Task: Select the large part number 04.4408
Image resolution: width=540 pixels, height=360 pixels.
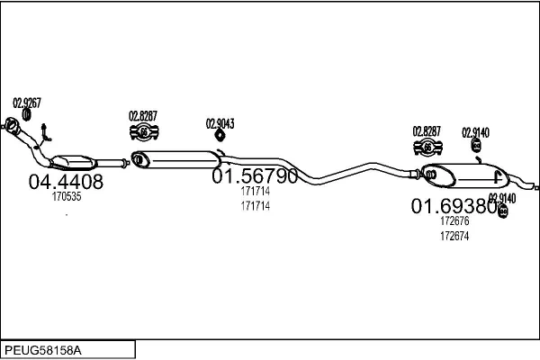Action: point(66,181)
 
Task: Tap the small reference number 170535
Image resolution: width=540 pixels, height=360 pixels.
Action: point(67,196)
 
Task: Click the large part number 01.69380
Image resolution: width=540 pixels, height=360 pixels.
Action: point(454,206)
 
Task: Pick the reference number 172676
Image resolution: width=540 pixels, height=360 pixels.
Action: point(454,221)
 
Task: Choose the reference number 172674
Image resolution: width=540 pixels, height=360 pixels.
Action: point(454,236)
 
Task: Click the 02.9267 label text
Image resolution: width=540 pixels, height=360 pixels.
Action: point(27,102)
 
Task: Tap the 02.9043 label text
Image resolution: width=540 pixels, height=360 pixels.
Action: point(220,123)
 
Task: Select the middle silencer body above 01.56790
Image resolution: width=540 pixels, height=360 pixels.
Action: point(175,159)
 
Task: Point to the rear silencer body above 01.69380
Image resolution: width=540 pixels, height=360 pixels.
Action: point(463,174)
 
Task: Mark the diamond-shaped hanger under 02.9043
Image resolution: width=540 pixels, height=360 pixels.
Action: point(220,136)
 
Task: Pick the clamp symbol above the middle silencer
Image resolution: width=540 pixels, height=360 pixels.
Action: point(143,133)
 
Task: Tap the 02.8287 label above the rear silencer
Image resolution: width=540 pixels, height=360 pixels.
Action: point(427,131)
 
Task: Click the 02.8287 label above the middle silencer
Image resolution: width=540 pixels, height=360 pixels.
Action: point(143,115)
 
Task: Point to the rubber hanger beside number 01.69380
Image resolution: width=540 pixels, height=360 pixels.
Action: point(502,211)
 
